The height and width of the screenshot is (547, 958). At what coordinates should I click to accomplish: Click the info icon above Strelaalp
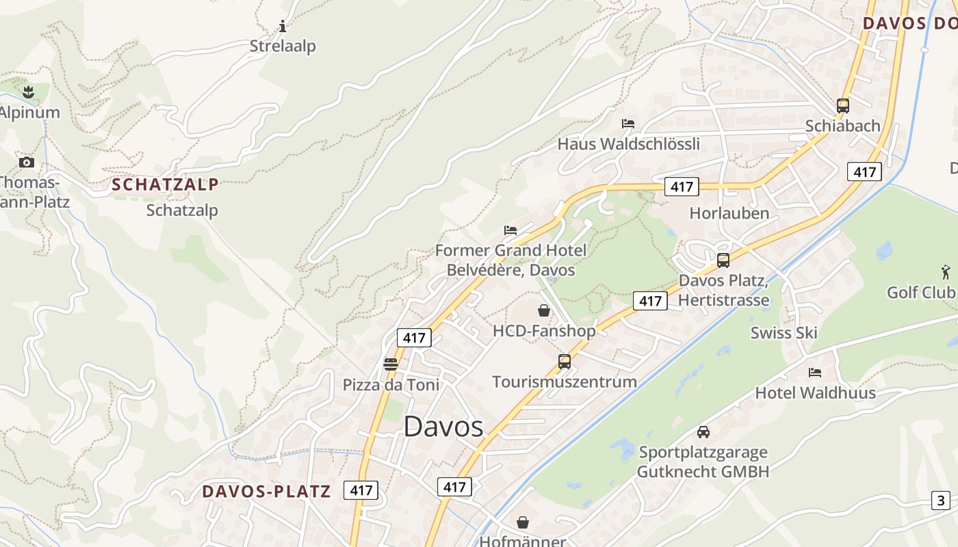click(x=283, y=27)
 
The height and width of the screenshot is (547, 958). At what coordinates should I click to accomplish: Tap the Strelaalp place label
click(x=283, y=46)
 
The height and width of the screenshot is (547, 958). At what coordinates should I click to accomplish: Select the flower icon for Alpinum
click(x=28, y=91)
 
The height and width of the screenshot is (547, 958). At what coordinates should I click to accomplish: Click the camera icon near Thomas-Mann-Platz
click(x=27, y=162)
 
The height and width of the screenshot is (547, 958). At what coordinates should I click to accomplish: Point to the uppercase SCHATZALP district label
click(x=165, y=184)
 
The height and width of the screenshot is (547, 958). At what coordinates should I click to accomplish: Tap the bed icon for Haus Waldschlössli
click(x=628, y=124)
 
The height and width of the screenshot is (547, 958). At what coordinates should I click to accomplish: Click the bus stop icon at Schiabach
click(x=843, y=106)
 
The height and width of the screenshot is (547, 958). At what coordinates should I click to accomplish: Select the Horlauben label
click(x=729, y=213)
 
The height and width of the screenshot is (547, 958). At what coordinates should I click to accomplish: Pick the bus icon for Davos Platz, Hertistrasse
click(x=723, y=261)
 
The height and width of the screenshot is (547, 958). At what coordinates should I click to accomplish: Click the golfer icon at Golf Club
click(x=946, y=271)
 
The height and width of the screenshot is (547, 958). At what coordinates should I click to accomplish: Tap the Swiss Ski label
click(x=784, y=333)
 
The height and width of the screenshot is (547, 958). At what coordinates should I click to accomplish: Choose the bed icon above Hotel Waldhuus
click(x=815, y=373)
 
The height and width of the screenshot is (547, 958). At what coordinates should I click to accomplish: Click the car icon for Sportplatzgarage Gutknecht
click(x=703, y=432)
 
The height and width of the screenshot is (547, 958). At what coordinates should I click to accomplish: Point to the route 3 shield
click(x=941, y=500)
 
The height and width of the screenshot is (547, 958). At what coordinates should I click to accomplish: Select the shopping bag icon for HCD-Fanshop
click(x=544, y=311)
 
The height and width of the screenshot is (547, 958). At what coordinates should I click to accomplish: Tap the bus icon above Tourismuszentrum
click(x=565, y=362)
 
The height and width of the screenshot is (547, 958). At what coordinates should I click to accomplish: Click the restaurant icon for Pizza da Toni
click(x=391, y=364)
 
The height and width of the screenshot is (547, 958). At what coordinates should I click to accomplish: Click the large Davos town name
click(x=443, y=427)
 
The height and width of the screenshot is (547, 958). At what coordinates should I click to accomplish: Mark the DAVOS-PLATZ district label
click(x=266, y=491)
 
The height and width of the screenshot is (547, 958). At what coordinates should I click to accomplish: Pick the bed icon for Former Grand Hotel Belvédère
click(x=510, y=230)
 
